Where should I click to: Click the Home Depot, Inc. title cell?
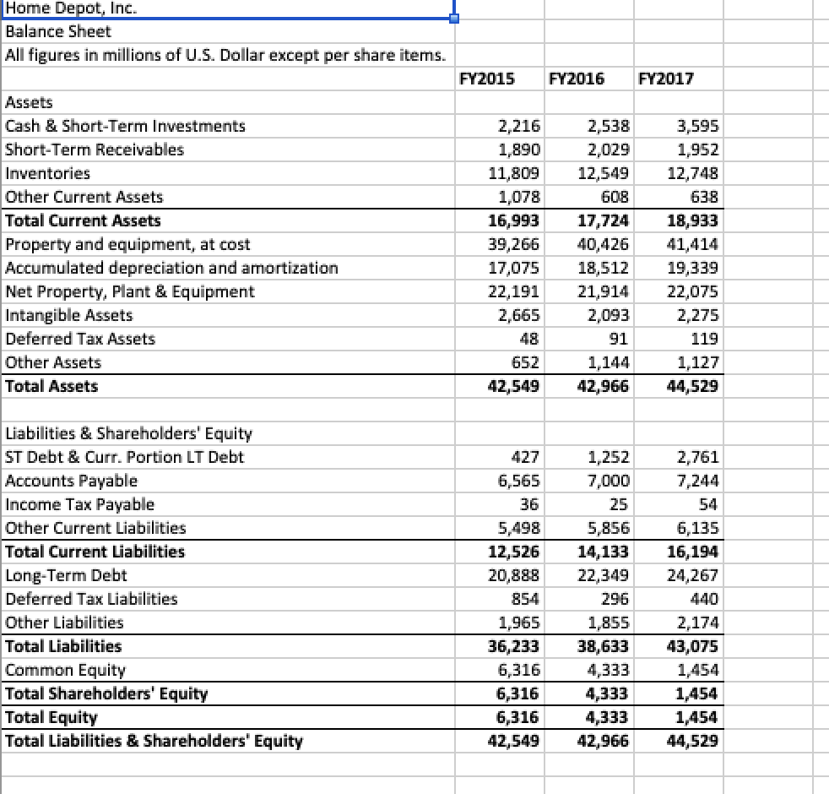pyautogui.click(x=72, y=9)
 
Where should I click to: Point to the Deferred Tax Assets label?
pyautogui.click(x=80, y=339)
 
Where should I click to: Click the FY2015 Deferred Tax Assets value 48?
pyautogui.click(x=531, y=339)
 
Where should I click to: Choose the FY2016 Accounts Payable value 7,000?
pyautogui.click(x=609, y=481)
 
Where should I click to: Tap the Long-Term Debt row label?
pyautogui.click(x=66, y=575)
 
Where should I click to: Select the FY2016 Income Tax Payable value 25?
pyautogui.click(x=619, y=504)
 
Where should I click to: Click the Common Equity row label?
pyautogui.click(x=65, y=670)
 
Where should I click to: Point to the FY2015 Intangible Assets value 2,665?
pyautogui.click(x=520, y=315)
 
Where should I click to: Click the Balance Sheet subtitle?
pyautogui.click(x=57, y=32)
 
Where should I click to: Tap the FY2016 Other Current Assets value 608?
pyautogui.click(x=615, y=197)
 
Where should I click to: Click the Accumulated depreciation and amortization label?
pyautogui.click(x=171, y=268)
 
